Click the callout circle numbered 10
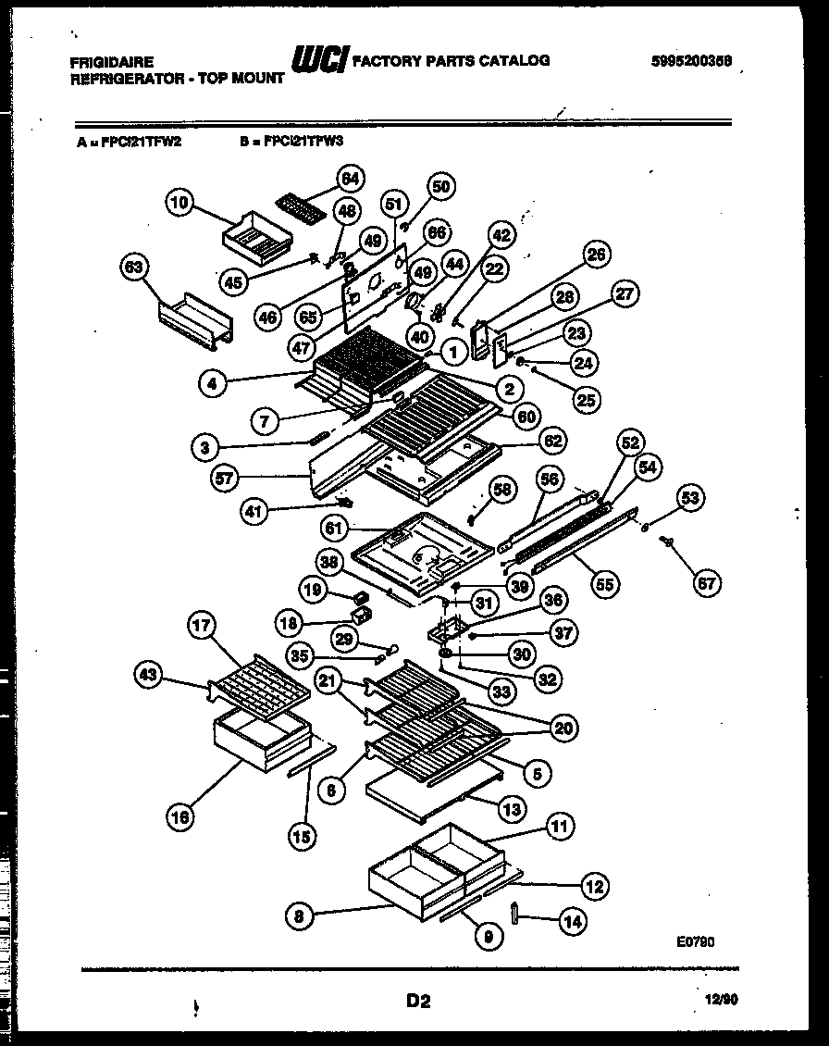[x=181, y=203]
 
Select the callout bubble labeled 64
[x=350, y=178]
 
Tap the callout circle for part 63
[x=136, y=270]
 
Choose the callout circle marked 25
[x=587, y=399]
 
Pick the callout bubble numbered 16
[x=182, y=816]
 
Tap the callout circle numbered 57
[x=225, y=479]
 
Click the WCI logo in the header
[x=319, y=61]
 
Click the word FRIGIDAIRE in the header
[x=108, y=62]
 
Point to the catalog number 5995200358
[x=691, y=60]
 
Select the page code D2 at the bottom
[x=417, y=1000]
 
